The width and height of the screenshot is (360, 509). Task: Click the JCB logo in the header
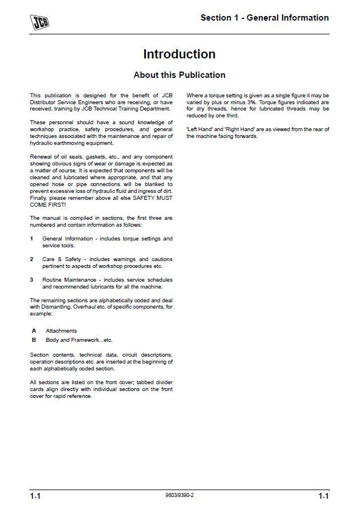(x=39, y=22)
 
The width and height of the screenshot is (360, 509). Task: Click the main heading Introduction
(x=179, y=54)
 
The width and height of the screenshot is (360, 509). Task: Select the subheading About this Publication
(x=179, y=75)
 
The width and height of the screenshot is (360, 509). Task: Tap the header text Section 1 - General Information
(x=264, y=18)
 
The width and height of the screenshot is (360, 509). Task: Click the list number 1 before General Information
(x=32, y=239)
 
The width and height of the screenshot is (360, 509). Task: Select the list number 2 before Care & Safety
(x=32, y=259)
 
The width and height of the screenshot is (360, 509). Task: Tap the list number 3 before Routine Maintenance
(x=32, y=280)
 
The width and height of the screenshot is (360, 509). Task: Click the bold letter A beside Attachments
(x=34, y=331)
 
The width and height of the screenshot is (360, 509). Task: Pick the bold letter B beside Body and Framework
(x=34, y=340)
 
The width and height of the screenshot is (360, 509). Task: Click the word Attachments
(x=61, y=331)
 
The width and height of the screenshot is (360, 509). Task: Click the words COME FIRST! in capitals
(x=48, y=204)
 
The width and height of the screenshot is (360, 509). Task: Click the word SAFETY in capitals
(x=145, y=198)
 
